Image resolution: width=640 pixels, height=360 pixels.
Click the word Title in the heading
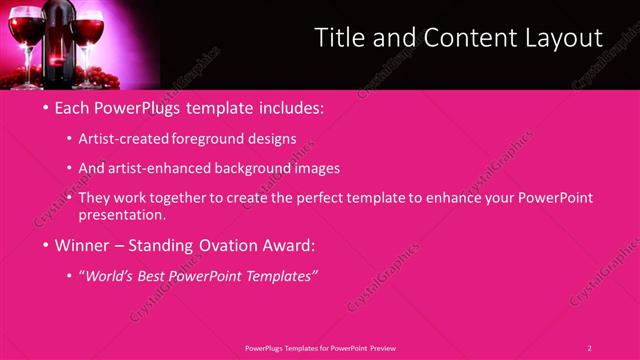(x=336, y=38)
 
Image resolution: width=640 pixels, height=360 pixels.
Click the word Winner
(x=83, y=245)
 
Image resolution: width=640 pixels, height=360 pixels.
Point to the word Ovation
(x=222, y=245)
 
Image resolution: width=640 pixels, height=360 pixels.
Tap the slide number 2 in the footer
(x=590, y=348)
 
